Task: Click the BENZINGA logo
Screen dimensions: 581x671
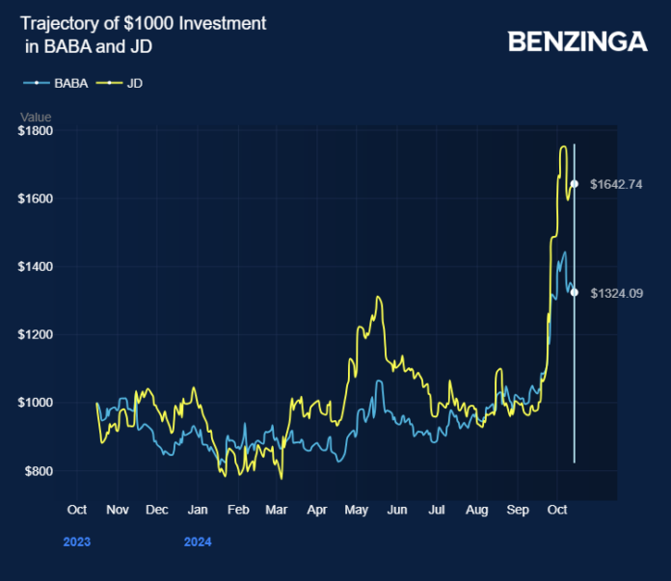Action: click(577, 41)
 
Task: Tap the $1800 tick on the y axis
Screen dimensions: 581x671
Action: click(35, 130)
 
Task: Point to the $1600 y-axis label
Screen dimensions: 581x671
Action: click(35, 198)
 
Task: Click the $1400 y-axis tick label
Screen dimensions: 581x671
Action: click(35, 266)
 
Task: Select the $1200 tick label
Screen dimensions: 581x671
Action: click(35, 334)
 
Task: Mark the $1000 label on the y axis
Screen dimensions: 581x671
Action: click(35, 403)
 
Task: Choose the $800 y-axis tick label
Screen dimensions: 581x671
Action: click(38, 471)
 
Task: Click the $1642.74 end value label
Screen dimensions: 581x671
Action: click(616, 184)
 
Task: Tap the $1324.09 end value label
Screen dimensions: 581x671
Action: click(616, 293)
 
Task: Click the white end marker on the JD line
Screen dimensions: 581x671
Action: click(575, 183)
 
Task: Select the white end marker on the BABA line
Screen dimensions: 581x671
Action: click(575, 292)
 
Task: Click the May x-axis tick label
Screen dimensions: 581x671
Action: click(357, 509)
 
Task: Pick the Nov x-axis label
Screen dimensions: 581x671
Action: click(117, 509)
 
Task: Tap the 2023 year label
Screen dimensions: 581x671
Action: click(77, 541)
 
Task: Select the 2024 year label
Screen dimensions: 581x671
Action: click(198, 541)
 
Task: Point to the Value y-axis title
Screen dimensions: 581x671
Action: click(36, 116)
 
